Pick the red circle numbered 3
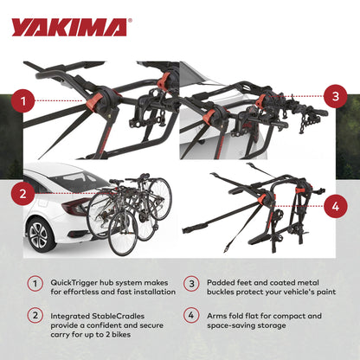pyautogui.click(x=334, y=95)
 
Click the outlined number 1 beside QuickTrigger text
pyautogui.click(x=35, y=283)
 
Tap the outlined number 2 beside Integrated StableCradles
pyautogui.click(x=35, y=316)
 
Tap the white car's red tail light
pyautogui.click(x=76, y=206)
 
